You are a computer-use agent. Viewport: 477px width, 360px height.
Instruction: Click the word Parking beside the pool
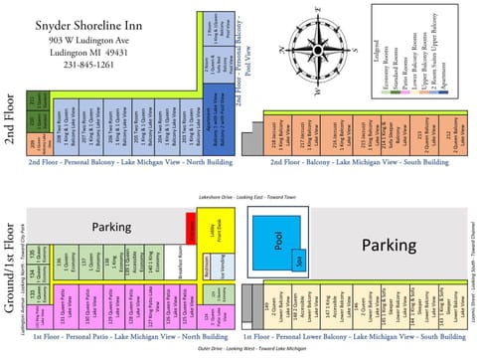[403, 245]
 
